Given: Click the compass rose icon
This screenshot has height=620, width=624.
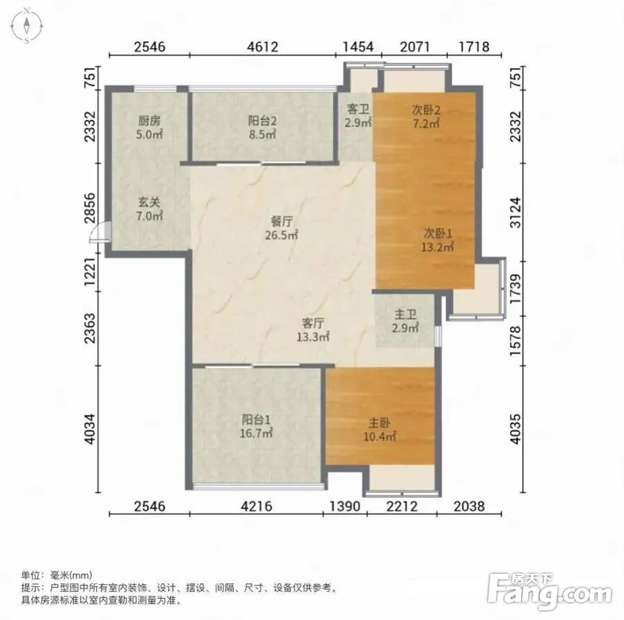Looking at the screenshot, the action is [x=27, y=26].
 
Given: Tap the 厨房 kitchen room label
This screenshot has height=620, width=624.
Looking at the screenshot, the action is [x=149, y=120].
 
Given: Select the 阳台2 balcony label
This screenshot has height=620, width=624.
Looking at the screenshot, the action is [x=262, y=120].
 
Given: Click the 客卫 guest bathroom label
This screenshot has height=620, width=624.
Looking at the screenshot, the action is [x=358, y=109].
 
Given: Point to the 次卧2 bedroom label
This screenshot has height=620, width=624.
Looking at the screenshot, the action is [x=426, y=110].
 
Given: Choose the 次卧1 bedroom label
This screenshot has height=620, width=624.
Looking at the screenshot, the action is [x=437, y=233].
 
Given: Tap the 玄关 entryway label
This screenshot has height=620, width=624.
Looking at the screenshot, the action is [x=149, y=203].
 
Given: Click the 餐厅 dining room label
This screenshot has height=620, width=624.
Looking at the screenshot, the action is [x=282, y=221].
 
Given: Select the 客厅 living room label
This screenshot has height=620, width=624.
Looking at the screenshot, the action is [x=313, y=323].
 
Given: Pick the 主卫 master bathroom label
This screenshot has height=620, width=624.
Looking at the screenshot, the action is [x=405, y=315].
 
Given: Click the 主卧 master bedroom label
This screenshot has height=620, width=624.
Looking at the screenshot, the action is [x=379, y=422].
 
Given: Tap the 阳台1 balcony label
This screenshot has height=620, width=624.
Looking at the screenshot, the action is [x=256, y=419].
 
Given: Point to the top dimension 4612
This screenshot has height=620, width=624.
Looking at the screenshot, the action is [x=262, y=47].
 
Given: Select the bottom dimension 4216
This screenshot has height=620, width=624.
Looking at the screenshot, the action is [x=256, y=506].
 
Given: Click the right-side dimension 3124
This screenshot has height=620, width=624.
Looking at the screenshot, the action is [x=515, y=212].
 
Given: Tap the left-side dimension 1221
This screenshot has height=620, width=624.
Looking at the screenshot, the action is [x=90, y=271].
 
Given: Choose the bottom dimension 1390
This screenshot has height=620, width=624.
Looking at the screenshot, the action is [x=345, y=506].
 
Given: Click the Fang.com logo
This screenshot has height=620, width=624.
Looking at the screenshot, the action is [x=550, y=591].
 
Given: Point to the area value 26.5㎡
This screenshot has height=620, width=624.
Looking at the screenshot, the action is [x=281, y=235].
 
